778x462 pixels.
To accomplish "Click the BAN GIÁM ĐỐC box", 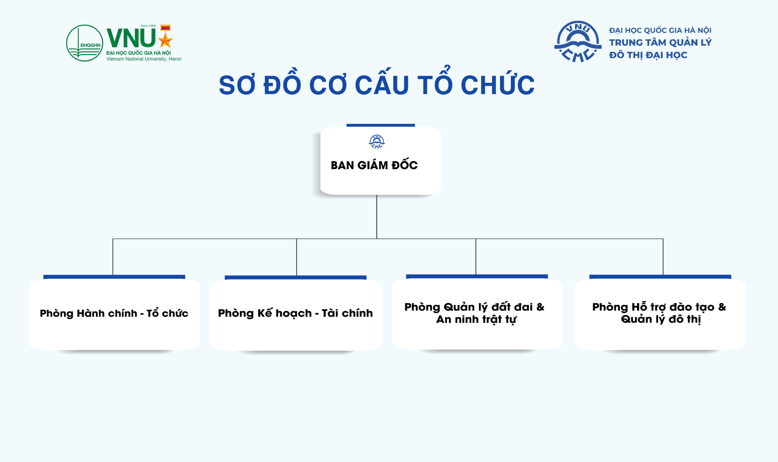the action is [380, 161].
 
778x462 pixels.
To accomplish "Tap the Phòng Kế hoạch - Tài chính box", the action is [296, 315].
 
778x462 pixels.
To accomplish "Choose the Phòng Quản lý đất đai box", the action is [477, 314].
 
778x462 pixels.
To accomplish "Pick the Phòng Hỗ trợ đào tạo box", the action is [660, 314].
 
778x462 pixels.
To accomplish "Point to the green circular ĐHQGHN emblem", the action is [85, 43].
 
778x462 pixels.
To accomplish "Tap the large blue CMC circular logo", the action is [578, 41].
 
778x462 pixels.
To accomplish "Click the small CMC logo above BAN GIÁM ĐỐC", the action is [377, 142].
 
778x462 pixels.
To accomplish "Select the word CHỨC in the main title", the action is [497, 84].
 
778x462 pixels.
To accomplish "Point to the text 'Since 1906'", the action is [148, 26].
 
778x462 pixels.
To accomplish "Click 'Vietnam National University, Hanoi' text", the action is [144, 59].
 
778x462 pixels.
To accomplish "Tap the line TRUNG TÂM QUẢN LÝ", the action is [660, 42].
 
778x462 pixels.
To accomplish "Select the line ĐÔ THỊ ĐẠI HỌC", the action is [648, 55].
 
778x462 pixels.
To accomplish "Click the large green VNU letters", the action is [131, 38].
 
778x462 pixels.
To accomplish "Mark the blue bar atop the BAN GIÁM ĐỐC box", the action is [380, 125].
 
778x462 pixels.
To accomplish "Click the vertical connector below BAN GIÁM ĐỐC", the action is [377, 217].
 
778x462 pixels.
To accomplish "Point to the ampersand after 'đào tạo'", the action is [722, 307].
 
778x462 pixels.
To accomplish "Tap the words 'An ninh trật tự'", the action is [476, 319].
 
